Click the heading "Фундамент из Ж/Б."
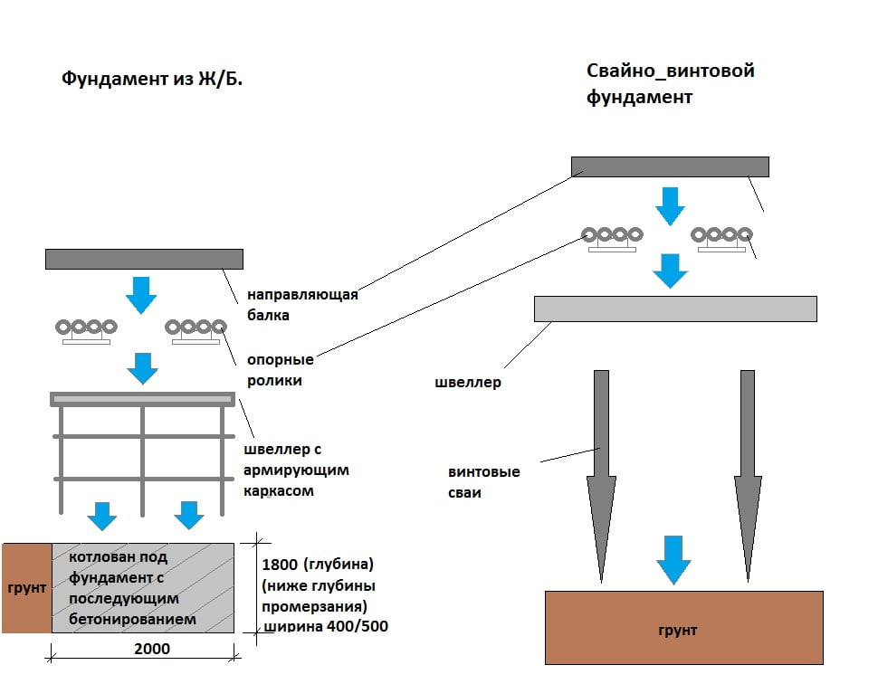(x=152, y=79)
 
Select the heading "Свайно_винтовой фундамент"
(x=670, y=83)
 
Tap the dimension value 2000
(x=151, y=649)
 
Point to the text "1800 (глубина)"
(x=317, y=565)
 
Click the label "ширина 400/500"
(x=324, y=626)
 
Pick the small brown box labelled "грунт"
(x=26, y=588)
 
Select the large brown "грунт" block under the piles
(x=683, y=628)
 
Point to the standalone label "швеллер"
(x=467, y=382)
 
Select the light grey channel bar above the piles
(x=675, y=309)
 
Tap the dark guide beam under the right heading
(x=670, y=166)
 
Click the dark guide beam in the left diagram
(x=144, y=259)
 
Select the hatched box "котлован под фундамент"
(x=142, y=588)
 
